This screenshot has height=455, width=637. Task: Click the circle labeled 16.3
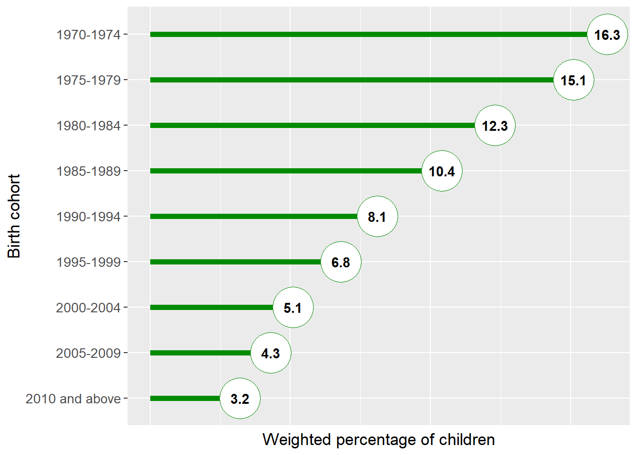click(607, 35)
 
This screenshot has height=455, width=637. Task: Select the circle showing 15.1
click(573, 80)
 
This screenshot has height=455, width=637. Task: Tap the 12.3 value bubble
click(495, 126)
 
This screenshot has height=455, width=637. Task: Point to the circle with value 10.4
click(442, 171)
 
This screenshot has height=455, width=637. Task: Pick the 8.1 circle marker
click(377, 217)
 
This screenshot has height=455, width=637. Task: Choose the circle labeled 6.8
click(341, 262)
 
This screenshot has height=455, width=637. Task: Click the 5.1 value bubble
click(293, 308)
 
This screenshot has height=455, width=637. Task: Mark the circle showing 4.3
click(271, 353)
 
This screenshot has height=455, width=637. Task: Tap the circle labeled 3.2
click(240, 399)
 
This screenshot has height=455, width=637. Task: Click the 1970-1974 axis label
click(89, 35)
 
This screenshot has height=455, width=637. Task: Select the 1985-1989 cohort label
click(89, 172)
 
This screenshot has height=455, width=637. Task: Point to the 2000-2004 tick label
click(88, 308)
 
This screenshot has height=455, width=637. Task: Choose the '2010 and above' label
click(73, 399)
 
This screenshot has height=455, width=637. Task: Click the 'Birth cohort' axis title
click(14, 216)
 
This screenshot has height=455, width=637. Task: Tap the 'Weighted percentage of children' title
click(379, 440)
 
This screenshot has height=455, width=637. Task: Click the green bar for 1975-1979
click(352, 80)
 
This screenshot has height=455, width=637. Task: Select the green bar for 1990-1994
click(254, 217)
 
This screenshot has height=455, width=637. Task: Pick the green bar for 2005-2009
click(200, 353)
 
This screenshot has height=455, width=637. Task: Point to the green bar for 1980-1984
click(312, 126)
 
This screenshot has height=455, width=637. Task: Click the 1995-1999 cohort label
click(89, 263)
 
